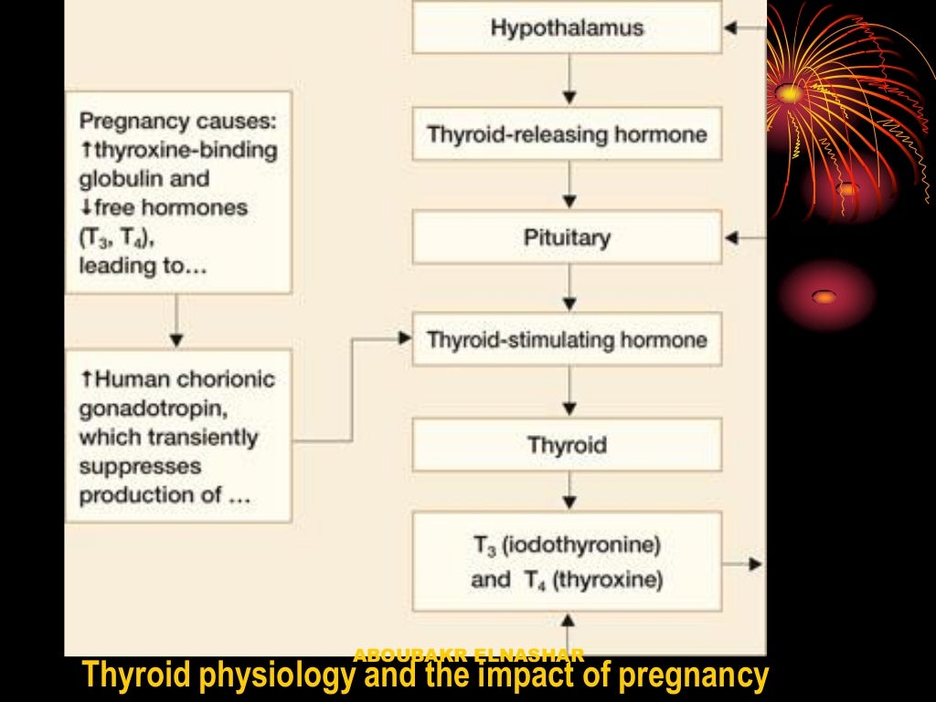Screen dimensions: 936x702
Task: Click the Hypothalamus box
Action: click(567, 27)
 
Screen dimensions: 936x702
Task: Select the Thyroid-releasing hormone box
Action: click(567, 135)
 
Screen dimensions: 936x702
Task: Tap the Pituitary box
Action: click(567, 238)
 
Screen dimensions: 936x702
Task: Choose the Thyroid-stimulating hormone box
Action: click(567, 340)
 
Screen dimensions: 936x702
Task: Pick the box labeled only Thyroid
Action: click(567, 445)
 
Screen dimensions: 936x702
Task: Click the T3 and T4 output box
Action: click(567, 562)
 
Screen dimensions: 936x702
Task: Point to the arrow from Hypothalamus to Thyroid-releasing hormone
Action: click(569, 80)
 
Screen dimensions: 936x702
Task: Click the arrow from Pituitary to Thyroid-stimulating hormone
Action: click(569, 289)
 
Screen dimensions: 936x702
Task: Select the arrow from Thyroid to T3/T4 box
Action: click(569, 492)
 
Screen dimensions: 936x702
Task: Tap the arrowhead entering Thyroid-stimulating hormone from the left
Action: click(405, 339)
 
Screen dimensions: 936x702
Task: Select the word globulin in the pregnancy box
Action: click(144, 178)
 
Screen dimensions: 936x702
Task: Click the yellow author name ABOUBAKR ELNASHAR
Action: click(469, 654)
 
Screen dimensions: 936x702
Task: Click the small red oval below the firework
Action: click(824, 296)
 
